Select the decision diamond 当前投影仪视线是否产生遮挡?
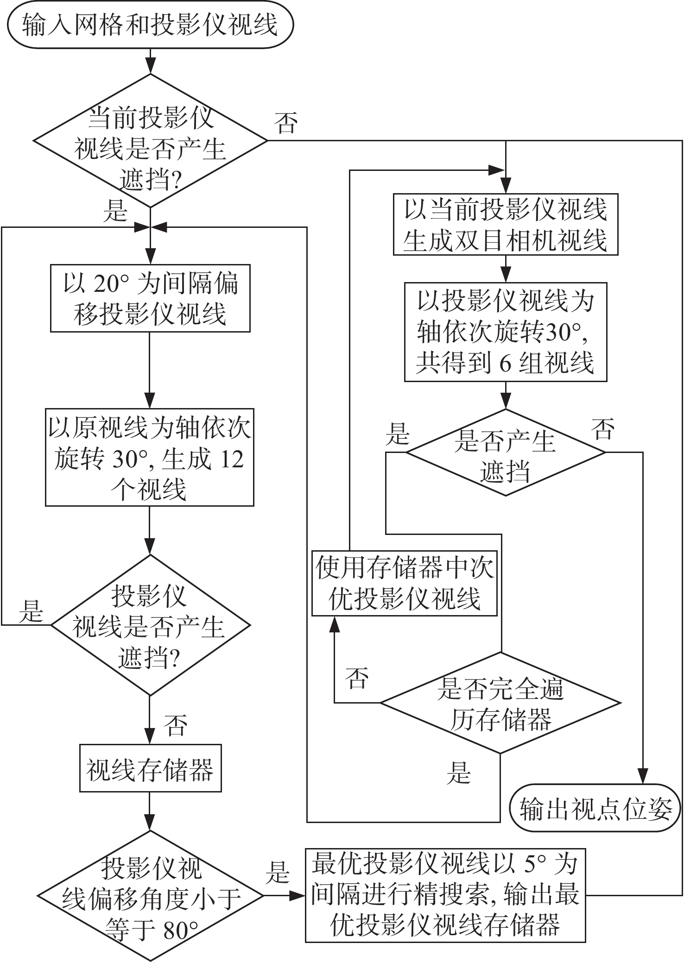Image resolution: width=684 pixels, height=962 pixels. tap(150, 140)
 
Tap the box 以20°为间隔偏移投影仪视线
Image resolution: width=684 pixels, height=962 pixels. tap(150, 298)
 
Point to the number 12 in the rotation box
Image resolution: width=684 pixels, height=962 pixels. tap(231, 459)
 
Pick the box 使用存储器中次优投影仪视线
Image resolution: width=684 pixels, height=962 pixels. tap(404, 583)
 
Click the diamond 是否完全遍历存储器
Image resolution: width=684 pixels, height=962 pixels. tap(500, 703)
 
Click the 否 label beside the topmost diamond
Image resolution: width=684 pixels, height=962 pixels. tap(286, 123)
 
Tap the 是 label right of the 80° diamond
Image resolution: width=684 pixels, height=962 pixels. tap(278, 873)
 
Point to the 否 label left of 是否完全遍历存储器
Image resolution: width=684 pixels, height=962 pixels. tap(357, 678)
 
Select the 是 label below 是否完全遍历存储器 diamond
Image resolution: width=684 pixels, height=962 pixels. tap(459, 773)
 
